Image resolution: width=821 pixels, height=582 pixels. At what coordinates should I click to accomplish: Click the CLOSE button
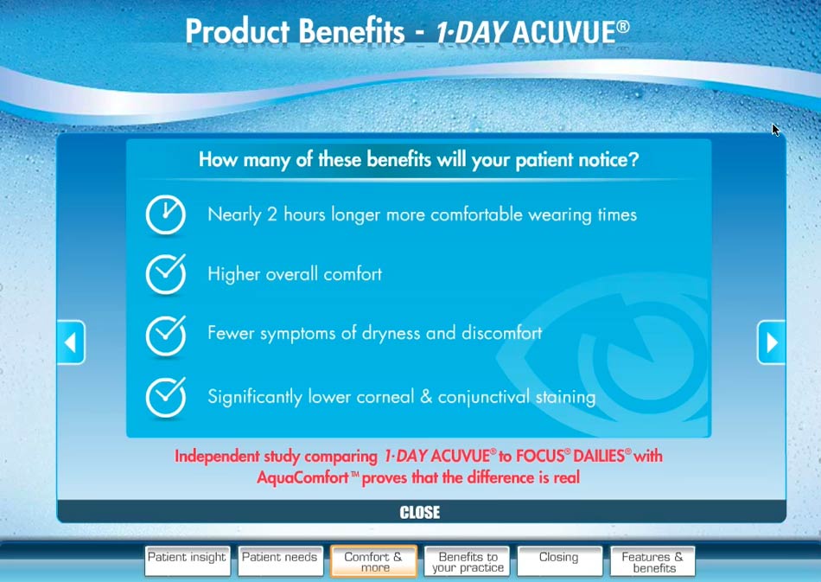click(421, 512)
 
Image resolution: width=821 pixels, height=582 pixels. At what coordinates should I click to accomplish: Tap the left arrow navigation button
click(71, 342)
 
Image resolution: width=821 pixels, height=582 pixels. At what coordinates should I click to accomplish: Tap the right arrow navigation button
click(771, 342)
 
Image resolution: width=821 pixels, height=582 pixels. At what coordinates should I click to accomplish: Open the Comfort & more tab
click(373, 561)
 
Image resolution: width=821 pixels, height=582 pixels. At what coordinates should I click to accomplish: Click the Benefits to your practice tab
click(467, 561)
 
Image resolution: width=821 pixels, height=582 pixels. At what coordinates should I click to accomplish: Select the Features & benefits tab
click(652, 561)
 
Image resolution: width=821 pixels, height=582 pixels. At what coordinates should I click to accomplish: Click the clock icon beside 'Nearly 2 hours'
click(165, 214)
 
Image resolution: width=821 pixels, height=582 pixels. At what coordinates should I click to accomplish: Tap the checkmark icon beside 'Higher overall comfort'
click(165, 274)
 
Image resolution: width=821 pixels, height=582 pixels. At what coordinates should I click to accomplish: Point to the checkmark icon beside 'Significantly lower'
click(165, 397)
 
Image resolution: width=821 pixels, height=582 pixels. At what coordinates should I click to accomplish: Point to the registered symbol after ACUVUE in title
click(622, 26)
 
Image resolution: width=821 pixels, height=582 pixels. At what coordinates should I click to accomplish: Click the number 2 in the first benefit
click(272, 214)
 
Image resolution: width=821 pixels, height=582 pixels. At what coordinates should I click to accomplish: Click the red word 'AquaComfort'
click(302, 477)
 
